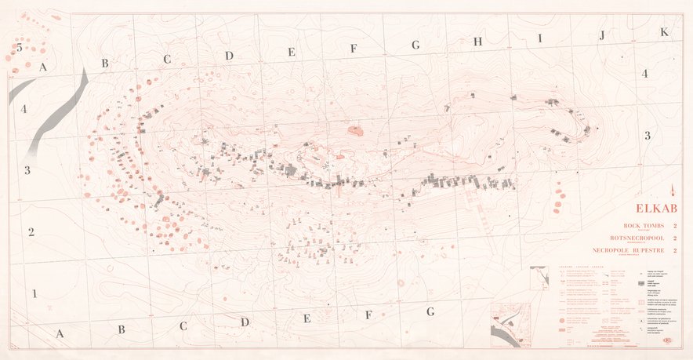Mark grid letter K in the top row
coord(664,32)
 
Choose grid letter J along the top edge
coord(602,35)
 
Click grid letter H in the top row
coord(477,42)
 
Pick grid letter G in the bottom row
coord(430,311)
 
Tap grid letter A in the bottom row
coord(59,333)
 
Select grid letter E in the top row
coord(291,53)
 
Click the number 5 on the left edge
coord(19,48)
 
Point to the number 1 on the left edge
coord(34,294)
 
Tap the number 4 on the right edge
coord(644,74)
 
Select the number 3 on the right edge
coord(648,136)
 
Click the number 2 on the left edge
coord(31,232)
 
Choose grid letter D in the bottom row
coord(245,322)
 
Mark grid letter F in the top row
coord(354,49)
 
